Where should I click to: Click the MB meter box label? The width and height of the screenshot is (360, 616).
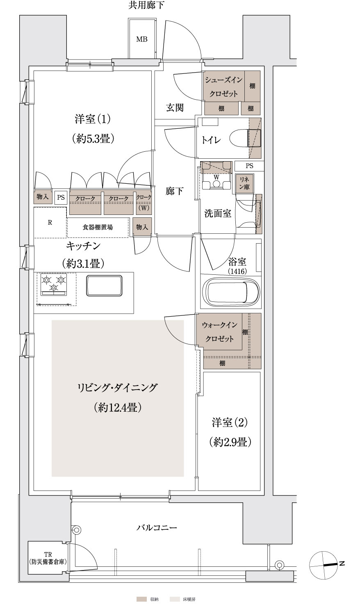coord(142,39)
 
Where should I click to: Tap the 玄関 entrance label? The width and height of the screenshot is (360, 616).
coord(175,107)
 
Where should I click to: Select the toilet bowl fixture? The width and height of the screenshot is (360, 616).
coord(244,138)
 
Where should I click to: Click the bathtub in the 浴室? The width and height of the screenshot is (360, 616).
coord(231,292)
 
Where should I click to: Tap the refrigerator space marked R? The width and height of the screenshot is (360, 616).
coord(50,222)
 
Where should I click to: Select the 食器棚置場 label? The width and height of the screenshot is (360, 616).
coord(98,228)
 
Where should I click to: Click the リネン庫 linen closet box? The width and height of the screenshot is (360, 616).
coord(244,183)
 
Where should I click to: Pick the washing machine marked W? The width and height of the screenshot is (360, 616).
coord(216,176)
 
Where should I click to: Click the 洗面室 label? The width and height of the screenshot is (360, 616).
coord(218,213)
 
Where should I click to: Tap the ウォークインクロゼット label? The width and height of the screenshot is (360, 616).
coord(219,332)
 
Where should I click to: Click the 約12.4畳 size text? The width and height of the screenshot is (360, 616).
coord(117,407)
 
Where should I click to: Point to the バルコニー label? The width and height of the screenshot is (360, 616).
coord(157,528)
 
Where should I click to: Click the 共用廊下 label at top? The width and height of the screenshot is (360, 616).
coord(147,5)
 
